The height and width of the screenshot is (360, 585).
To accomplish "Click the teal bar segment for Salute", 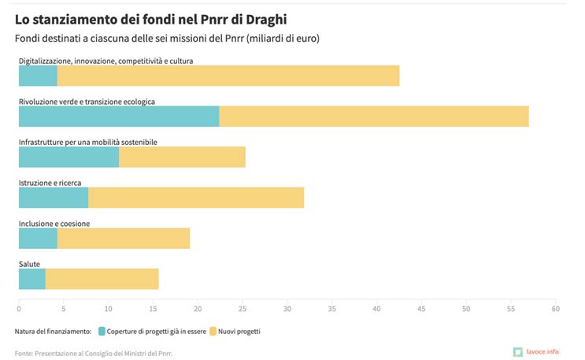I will point(31,279).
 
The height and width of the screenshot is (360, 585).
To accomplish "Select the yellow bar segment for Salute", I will point(102,279).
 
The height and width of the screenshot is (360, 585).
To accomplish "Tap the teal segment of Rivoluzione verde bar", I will point(119,116).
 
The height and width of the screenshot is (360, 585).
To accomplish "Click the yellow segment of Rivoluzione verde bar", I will point(374,116).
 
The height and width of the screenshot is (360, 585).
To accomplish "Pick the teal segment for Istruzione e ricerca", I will point(54,198).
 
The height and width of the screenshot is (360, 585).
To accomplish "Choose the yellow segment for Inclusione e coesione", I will point(124,238).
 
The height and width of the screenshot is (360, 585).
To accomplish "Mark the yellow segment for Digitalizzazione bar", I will point(228,76).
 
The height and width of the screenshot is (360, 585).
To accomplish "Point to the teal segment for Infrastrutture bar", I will point(68,157).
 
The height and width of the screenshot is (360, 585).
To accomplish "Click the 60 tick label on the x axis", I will point(555,308).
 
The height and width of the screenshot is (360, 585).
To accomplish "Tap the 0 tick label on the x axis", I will point(19,308).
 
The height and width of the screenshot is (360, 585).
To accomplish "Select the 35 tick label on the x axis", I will point(331,308).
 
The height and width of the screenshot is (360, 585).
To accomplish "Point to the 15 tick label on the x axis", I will point(153,308).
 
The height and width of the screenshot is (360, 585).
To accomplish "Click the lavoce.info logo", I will point(536,351).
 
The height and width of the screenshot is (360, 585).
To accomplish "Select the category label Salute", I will point(29,264).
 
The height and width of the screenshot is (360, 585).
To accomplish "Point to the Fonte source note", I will point(94,354).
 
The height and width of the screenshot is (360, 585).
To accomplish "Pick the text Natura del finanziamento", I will point(53,332).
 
